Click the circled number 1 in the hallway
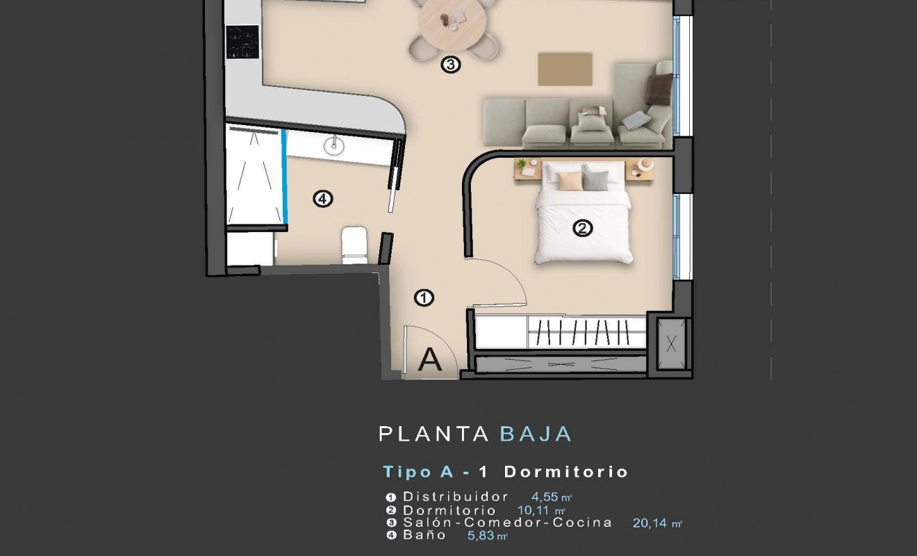pos(424,298)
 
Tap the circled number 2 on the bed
pos(582,228)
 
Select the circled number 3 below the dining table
pos(450,65)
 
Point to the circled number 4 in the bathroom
pos(322,199)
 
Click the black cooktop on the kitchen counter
pos(242,42)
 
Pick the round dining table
pos(452,22)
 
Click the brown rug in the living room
pos(565,69)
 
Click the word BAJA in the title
pos(536,434)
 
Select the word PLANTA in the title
pos(434,434)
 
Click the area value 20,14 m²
pos(657,523)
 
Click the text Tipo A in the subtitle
pos(418,472)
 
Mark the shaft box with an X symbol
pos(671,344)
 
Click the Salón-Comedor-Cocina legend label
pos(508,523)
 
